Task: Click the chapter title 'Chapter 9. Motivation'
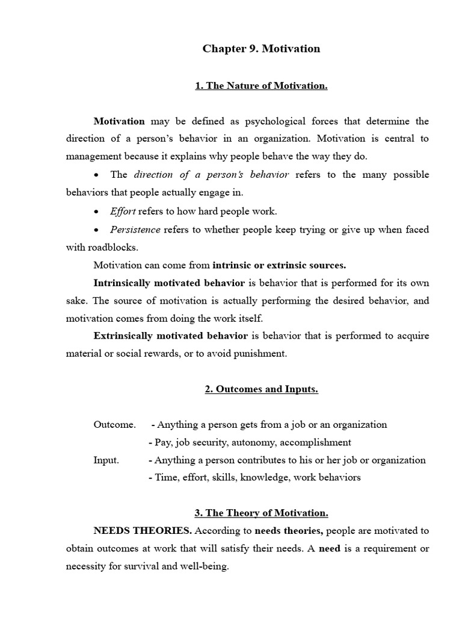point(261,49)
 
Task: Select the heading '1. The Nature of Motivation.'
point(261,86)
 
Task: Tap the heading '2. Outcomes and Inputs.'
point(261,389)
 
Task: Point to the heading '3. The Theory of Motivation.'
point(261,513)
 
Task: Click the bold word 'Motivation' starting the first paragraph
point(119,121)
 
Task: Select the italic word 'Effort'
point(123,211)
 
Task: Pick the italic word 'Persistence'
point(135,230)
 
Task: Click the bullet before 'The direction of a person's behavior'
point(97,175)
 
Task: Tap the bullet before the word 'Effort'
point(97,212)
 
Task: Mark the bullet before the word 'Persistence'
point(97,230)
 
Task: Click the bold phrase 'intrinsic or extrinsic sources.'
point(279,265)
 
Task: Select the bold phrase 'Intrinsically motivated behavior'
point(169,283)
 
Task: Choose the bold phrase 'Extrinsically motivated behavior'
point(170,336)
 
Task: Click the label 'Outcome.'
point(114,425)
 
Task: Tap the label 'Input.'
point(106,460)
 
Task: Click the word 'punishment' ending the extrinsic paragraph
point(260,354)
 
